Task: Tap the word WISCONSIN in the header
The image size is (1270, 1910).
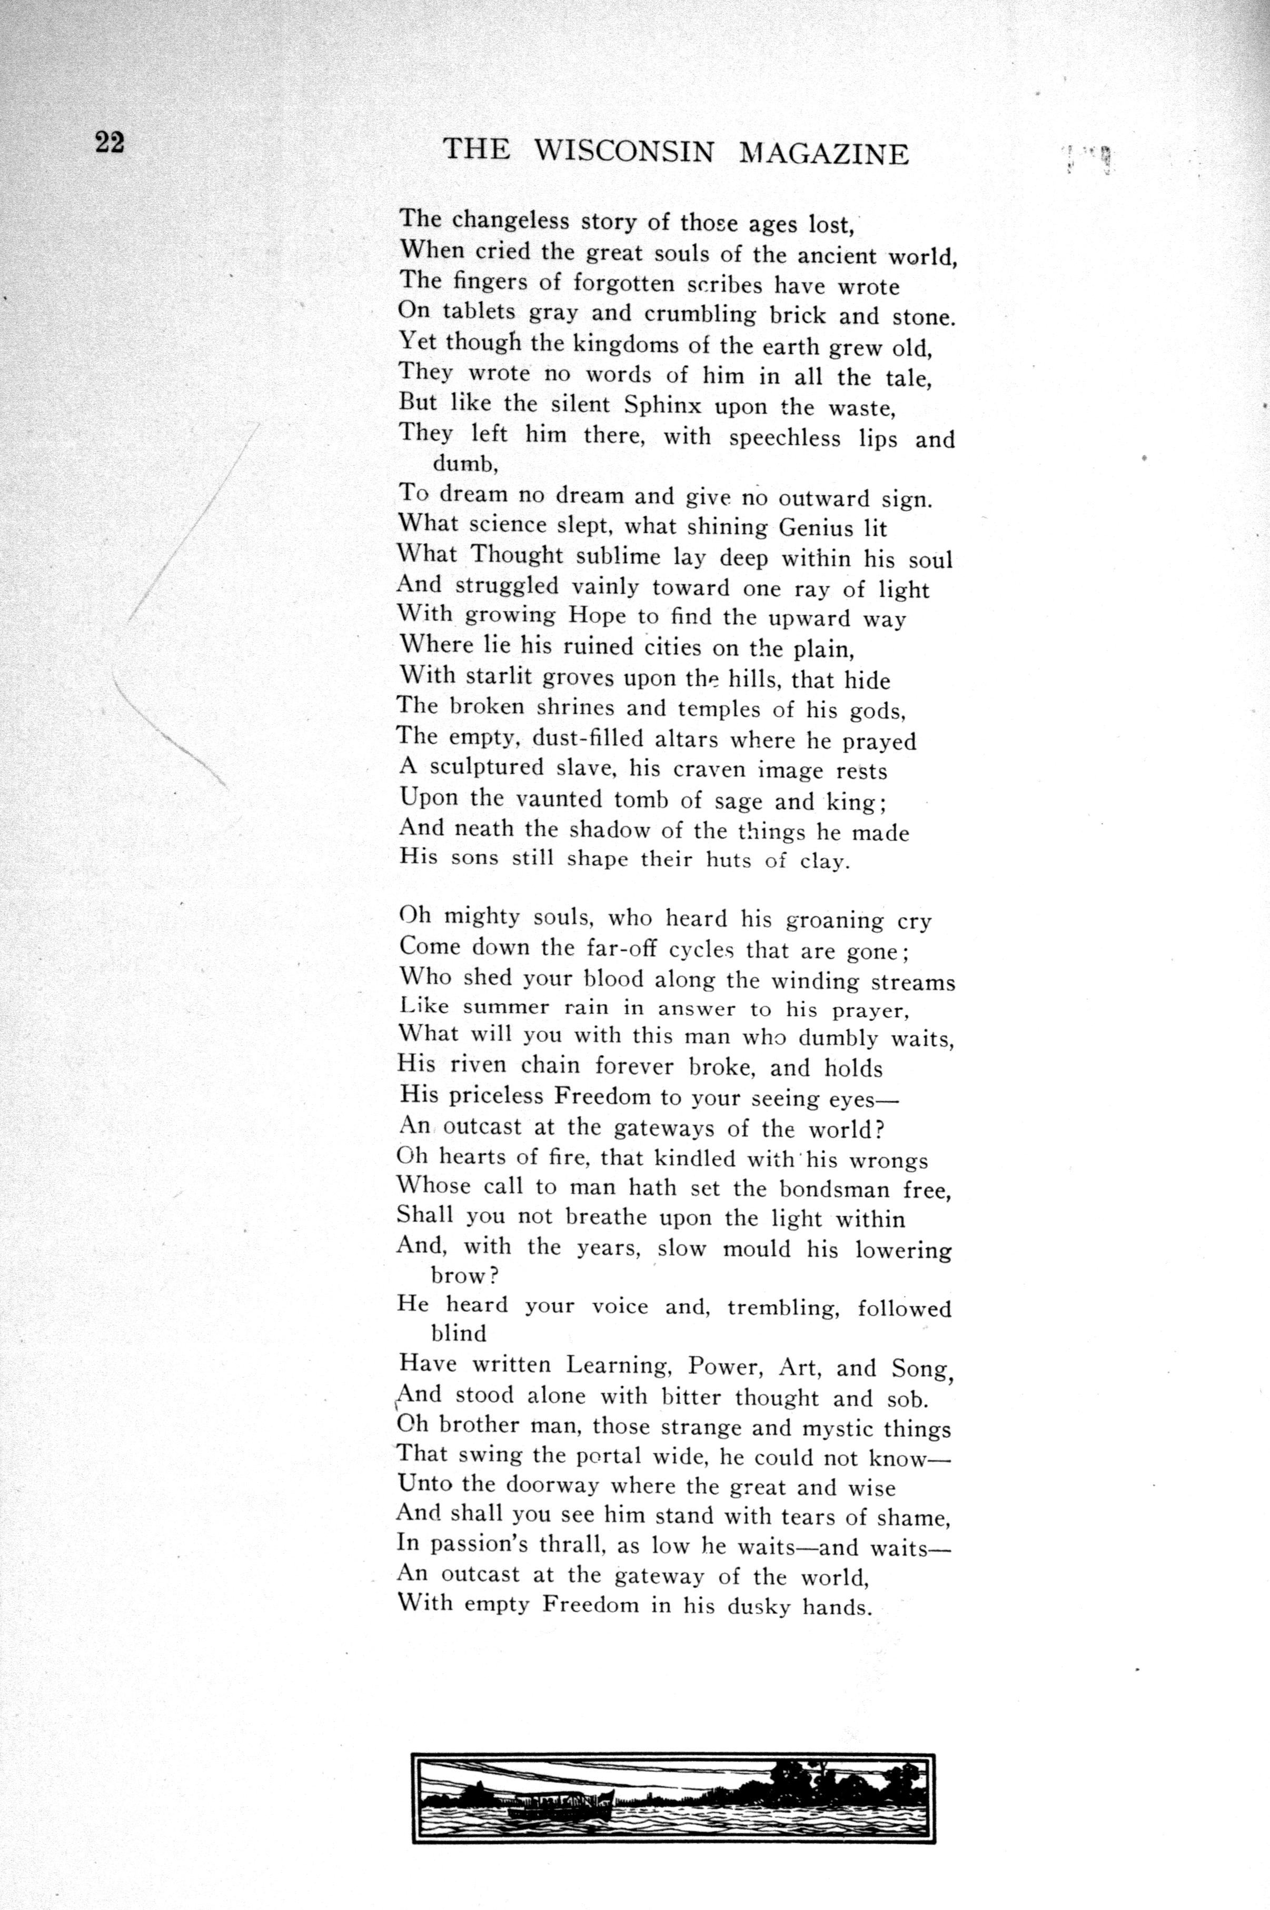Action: pyautogui.click(x=624, y=152)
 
